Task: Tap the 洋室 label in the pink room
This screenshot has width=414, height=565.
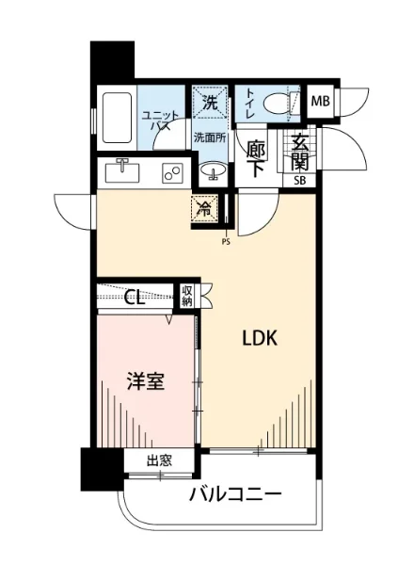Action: pyautogui.click(x=146, y=384)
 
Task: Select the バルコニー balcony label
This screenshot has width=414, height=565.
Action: pyautogui.click(x=236, y=492)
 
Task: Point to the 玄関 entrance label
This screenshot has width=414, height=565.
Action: pyautogui.click(x=300, y=153)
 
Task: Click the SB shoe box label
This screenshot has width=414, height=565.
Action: pyautogui.click(x=300, y=180)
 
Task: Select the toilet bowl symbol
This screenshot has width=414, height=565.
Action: pyautogui.click(x=279, y=103)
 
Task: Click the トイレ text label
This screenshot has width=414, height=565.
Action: pyautogui.click(x=247, y=101)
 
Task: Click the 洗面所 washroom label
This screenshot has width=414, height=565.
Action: pyautogui.click(x=210, y=137)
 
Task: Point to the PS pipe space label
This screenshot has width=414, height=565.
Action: pyautogui.click(x=226, y=239)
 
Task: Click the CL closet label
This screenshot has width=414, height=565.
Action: pyautogui.click(x=135, y=298)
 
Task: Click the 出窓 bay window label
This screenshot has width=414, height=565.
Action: pyautogui.click(x=159, y=460)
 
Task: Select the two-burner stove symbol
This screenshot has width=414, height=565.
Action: pyautogui.click(x=171, y=173)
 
